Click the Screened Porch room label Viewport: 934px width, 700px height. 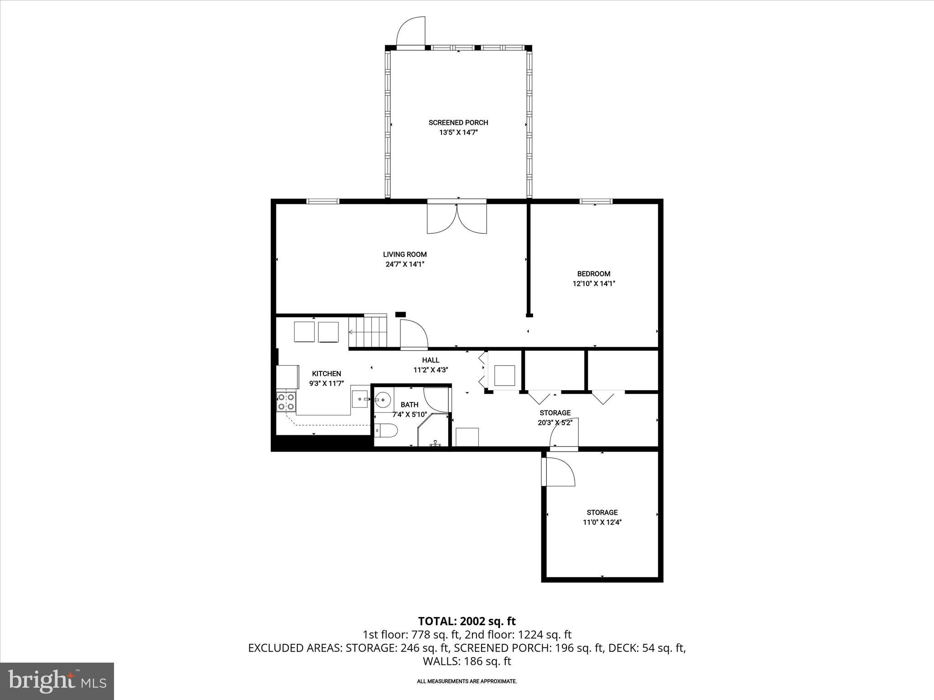458,123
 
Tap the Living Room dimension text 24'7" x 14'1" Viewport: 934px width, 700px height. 405,264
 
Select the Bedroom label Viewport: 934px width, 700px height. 593,274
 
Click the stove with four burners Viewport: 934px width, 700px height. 286,401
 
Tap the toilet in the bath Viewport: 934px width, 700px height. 386,430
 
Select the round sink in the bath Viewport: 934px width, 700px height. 383,400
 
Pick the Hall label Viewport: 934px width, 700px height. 431,360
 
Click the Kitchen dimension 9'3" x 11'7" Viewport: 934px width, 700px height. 326,384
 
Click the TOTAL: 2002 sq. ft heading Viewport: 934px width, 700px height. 467,621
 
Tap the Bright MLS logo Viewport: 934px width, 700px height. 57,681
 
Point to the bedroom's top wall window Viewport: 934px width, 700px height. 596,201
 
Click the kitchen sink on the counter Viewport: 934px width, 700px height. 360,399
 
